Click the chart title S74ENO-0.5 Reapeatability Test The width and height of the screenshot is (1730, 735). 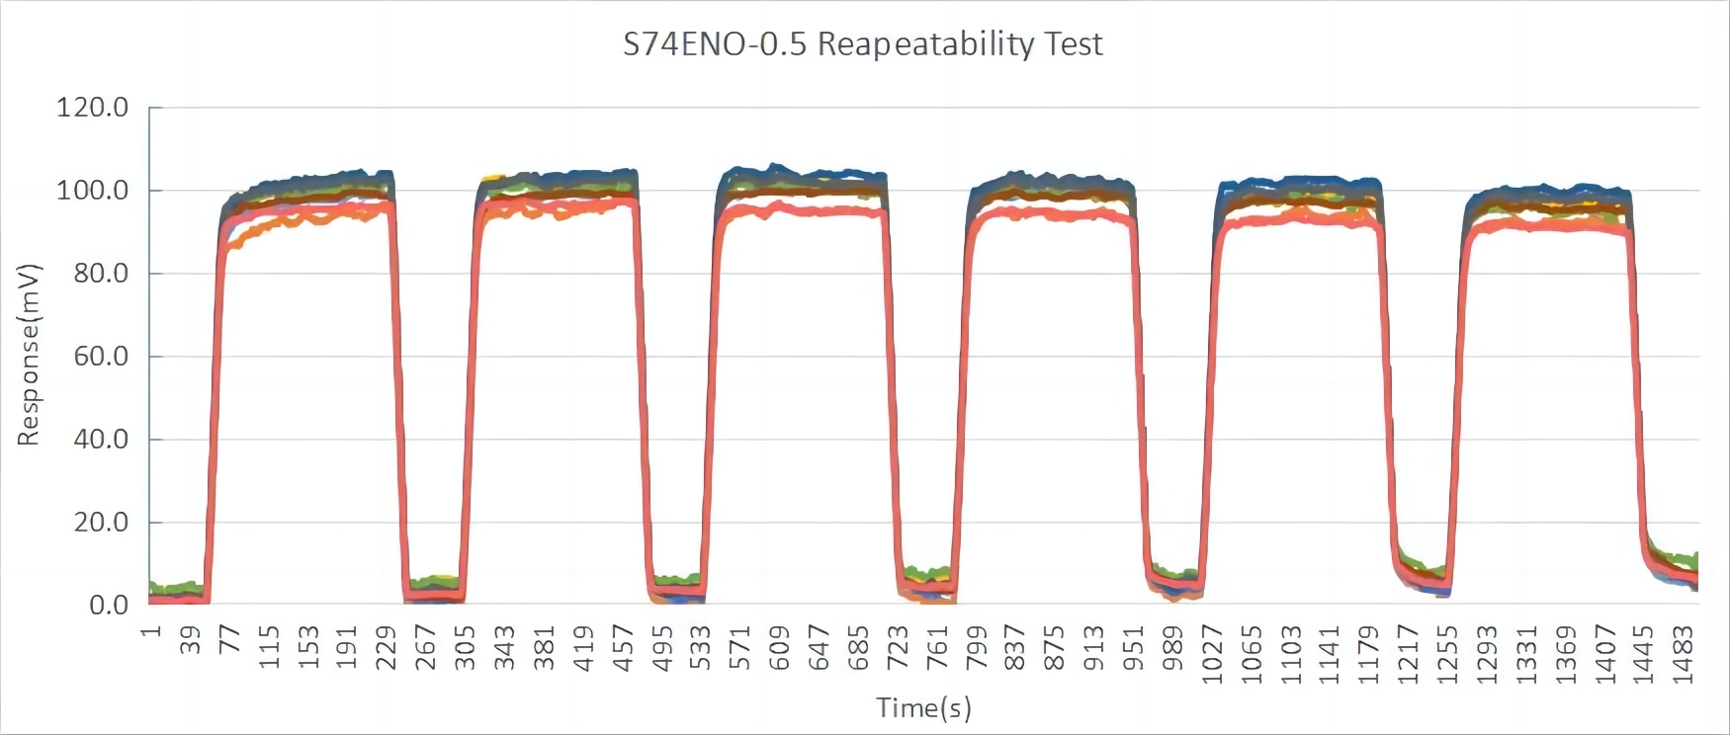pyautogui.click(x=862, y=44)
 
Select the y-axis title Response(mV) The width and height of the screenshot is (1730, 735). pyautogui.click(x=29, y=355)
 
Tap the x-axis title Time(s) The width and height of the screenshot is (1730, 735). pyautogui.click(x=923, y=707)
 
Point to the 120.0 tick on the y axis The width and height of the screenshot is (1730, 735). pyautogui.click(x=92, y=107)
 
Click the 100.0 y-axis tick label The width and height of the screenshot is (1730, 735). pyautogui.click(x=92, y=190)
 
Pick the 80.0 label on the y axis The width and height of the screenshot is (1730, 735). pyautogui.click(x=101, y=273)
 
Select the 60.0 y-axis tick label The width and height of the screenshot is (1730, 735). pyautogui.click(x=101, y=356)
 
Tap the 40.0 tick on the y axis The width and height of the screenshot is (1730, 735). pyautogui.click(x=101, y=439)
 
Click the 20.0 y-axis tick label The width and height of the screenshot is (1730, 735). pyautogui.click(x=101, y=522)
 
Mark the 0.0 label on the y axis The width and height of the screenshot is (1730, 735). pyautogui.click(x=109, y=605)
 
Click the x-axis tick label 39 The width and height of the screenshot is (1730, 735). pyautogui.click(x=191, y=639)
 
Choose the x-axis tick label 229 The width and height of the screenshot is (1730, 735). pyautogui.click(x=387, y=647)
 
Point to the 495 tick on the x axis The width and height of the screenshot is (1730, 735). pyautogui.click(x=661, y=647)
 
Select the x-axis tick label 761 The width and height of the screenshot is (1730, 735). pyautogui.click(x=936, y=647)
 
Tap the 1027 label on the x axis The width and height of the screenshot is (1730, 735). pyautogui.click(x=1212, y=653)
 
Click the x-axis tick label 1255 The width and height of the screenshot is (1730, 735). pyautogui.click(x=1447, y=653)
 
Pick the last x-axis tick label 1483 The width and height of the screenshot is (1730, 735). pyautogui.click(x=1684, y=653)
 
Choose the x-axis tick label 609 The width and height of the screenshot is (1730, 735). pyautogui.click(x=779, y=647)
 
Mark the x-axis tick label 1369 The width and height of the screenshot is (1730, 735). pyautogui.click(x=1566, y=653)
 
